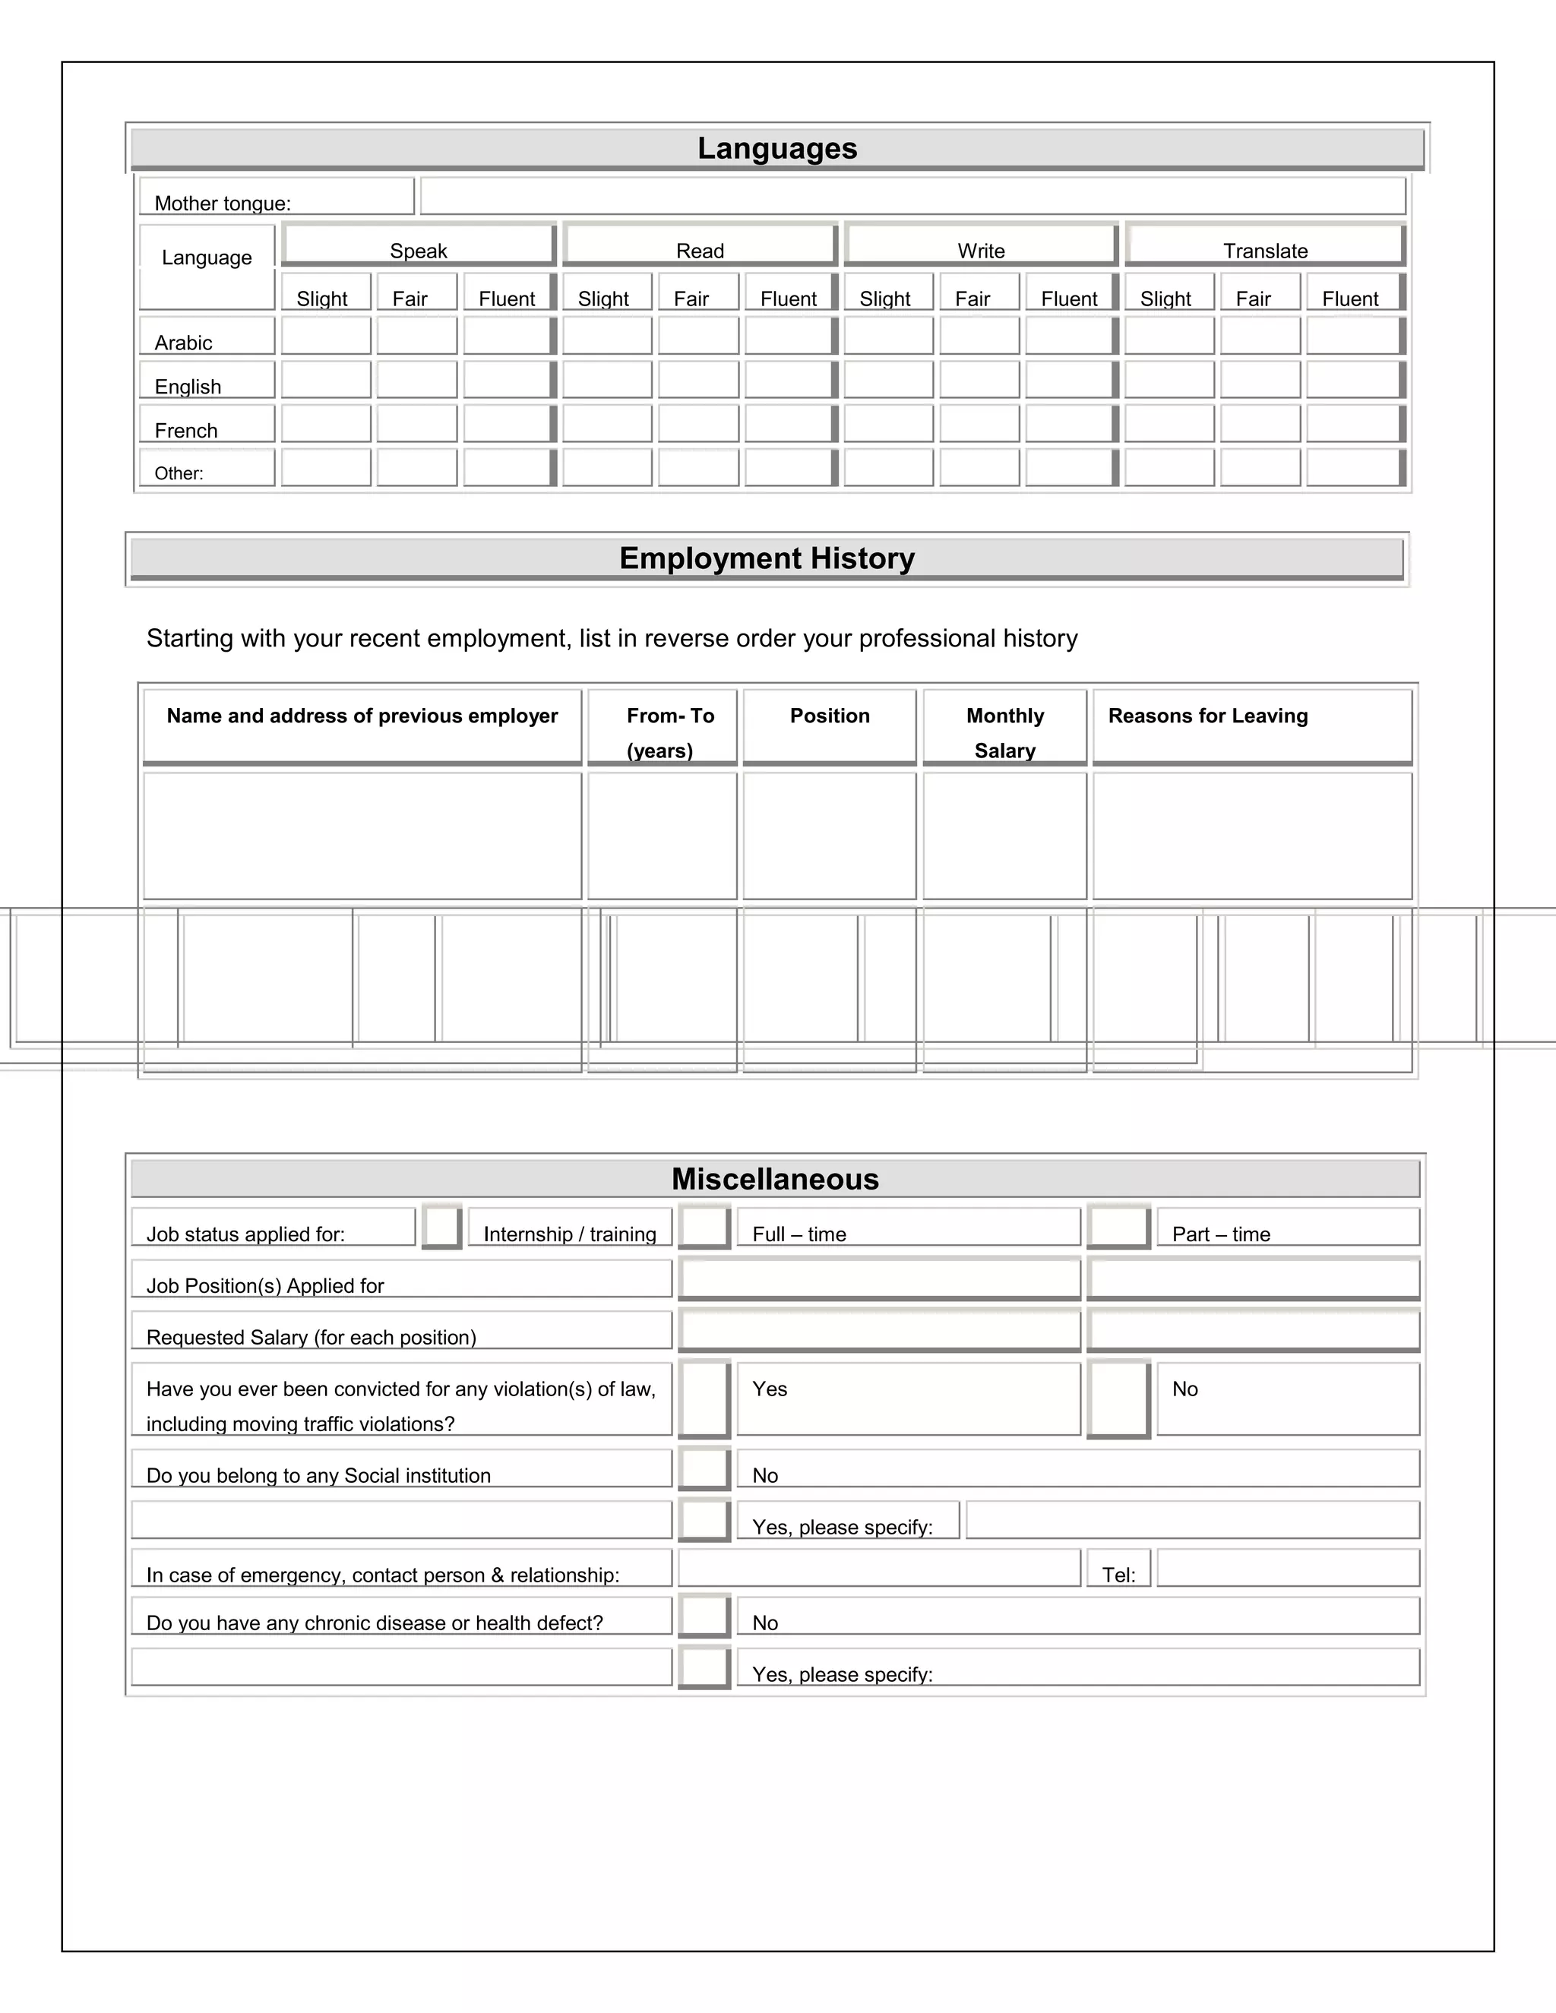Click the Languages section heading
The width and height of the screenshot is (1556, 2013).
pyautogui.click(x=777, y=148)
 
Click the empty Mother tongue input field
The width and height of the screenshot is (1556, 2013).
pyautogui.click(x=912, y=196)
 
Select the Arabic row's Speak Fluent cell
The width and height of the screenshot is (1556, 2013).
pyautogui.click(x=507, y=336)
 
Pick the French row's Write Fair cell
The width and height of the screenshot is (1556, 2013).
pyautogui.click(x=979, y=424)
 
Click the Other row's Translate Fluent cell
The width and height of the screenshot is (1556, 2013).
pyautogui.click(x=1352, y=467)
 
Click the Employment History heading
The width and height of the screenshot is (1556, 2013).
pyautogui.click(x=767, y=558)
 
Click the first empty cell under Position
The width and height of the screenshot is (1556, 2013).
pyautogui.click(x=830, y=835)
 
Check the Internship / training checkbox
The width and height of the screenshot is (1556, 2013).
pyautogui.click(x=441, y=1227)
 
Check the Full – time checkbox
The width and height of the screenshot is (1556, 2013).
pyautogui.click(x=704, y=1227)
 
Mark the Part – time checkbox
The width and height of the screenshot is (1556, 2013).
pyautogui.click(x=1118, y=1227)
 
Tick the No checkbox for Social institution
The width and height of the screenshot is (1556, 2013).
pyautogui.click(x=704, y=1468)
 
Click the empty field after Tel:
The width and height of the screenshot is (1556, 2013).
pyautogui.click(x=1288, y=1568)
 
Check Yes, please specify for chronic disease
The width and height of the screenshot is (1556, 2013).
pyautogui.click(x=704, y=1667)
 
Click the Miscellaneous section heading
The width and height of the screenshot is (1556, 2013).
pyautogui.click(x=775, y=1179)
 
